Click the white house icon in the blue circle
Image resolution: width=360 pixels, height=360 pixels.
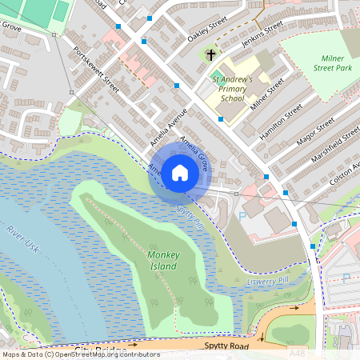point(180,172)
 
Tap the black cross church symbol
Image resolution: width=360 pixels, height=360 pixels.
point(210,56)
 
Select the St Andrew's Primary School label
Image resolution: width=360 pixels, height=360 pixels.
point(231,89)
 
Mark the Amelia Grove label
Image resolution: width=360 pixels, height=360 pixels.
point(194,154)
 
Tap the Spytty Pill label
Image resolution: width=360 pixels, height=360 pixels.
point(190,216)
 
